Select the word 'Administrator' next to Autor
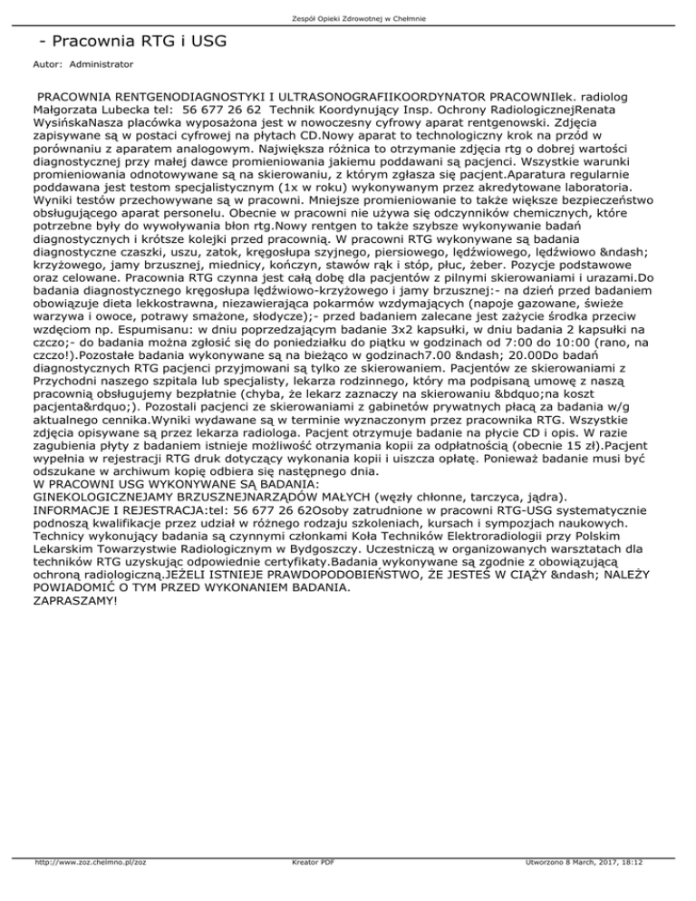tap(101, 65)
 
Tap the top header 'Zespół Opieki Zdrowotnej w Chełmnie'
tap(348, 18)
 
